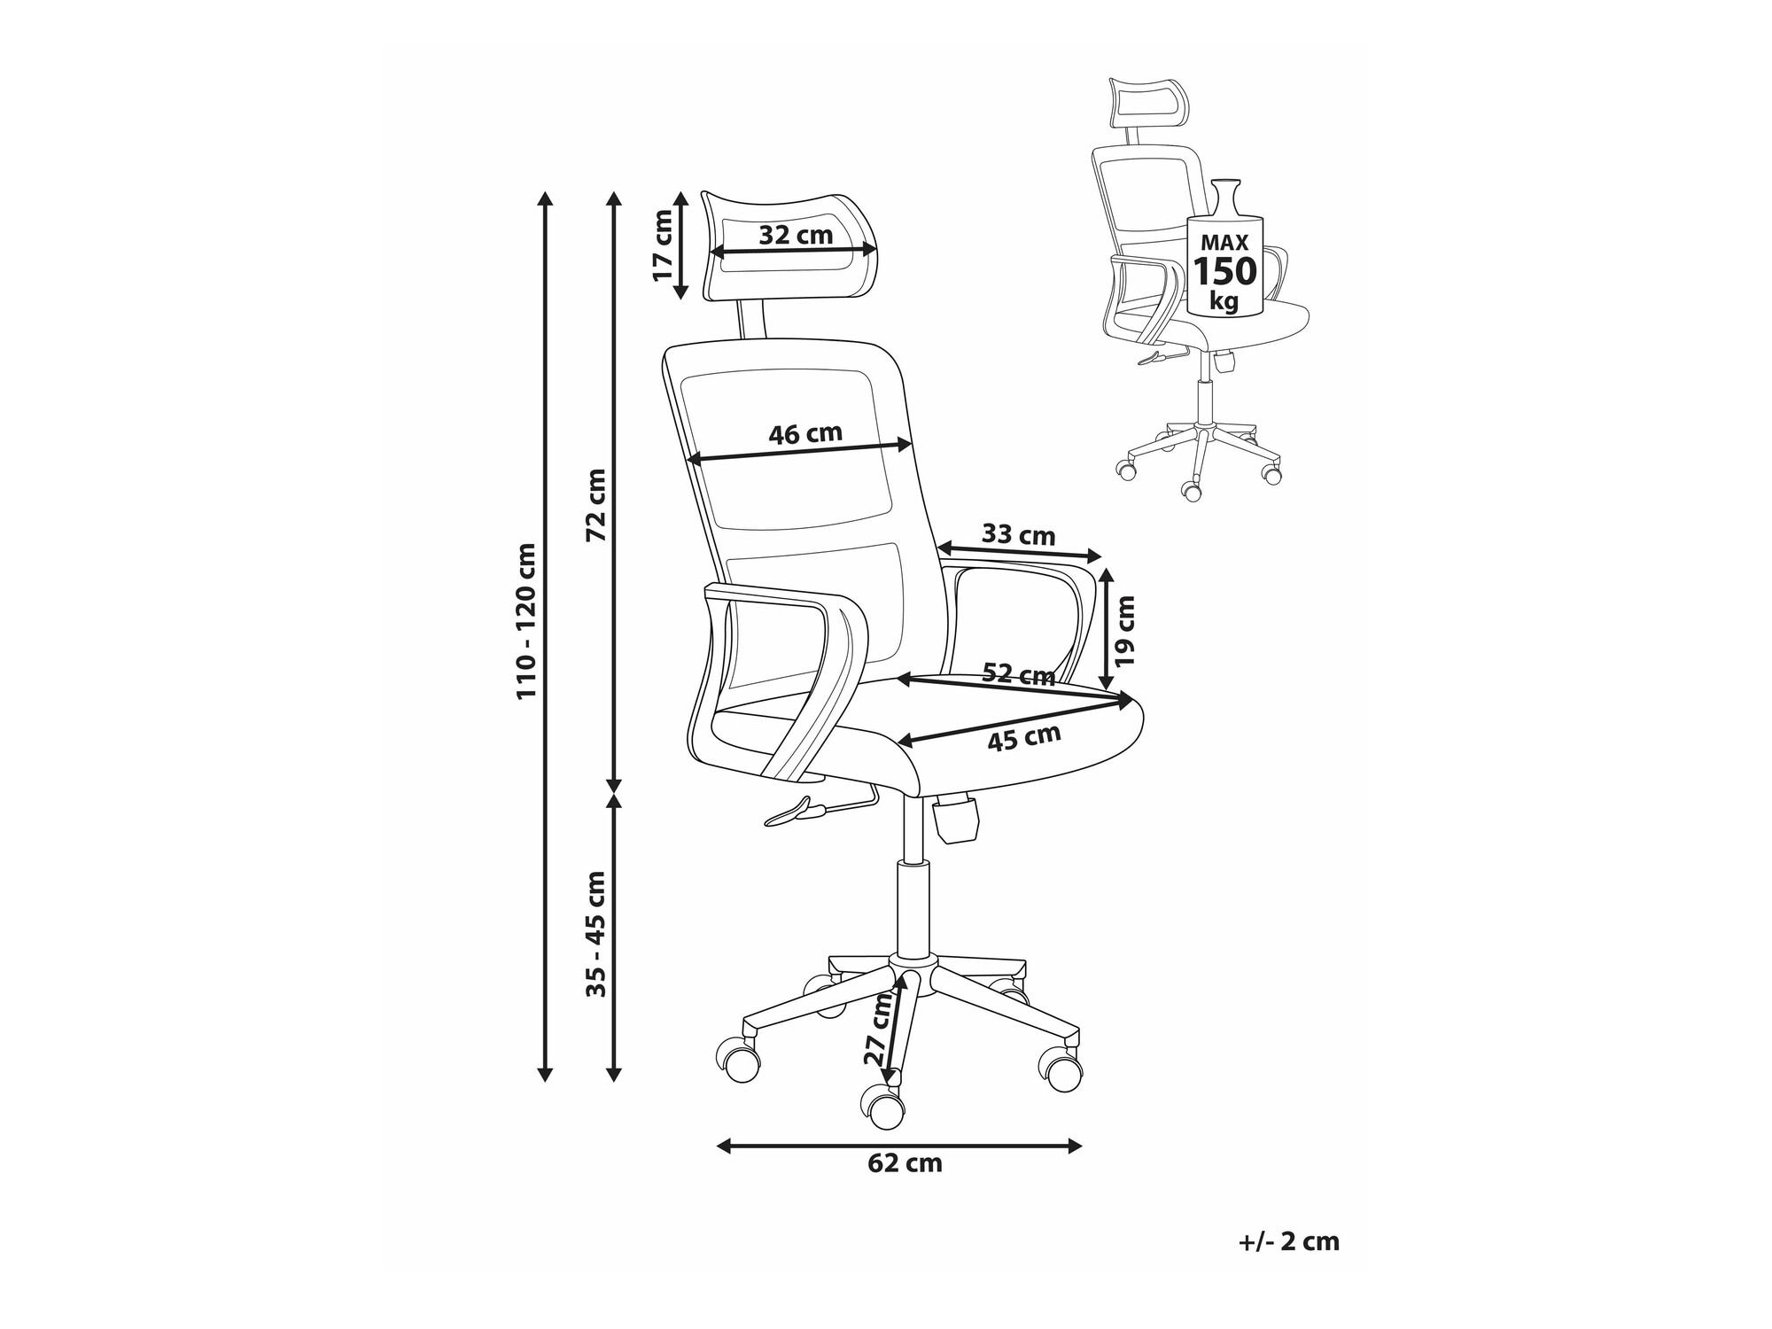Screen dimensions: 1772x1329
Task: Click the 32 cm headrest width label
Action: point(796,235)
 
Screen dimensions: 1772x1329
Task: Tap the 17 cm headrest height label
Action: point(664,245)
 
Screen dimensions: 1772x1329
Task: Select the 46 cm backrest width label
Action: point(804,434)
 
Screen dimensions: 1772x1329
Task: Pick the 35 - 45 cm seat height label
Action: point(596,934)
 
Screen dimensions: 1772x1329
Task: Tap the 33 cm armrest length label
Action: point(1018,535)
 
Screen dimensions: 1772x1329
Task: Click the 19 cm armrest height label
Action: point(1124,631)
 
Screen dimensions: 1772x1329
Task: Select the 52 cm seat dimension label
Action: point(1019,675)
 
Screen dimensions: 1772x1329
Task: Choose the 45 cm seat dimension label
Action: point(1024,737)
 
